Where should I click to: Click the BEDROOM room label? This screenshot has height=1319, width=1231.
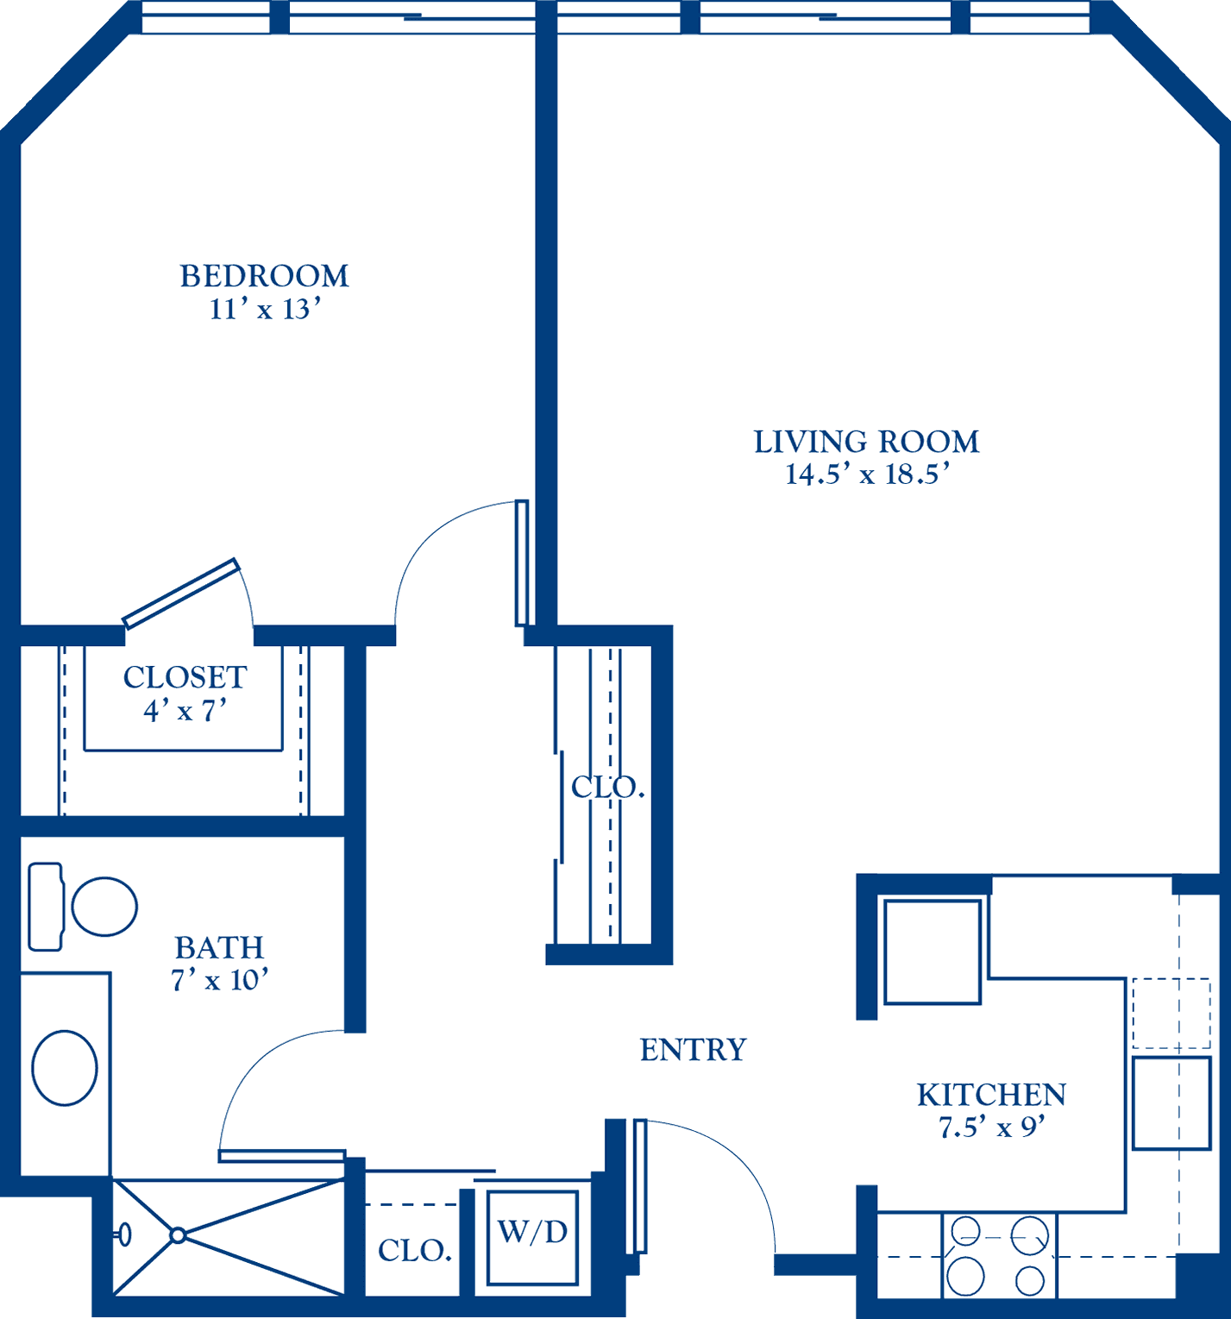tap(264, 276)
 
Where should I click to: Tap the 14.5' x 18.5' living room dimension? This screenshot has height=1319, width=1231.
tap(867, 474)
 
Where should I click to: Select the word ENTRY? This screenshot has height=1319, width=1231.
tap(693, 1050)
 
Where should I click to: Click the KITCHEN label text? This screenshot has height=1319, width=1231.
tap(991, 1095)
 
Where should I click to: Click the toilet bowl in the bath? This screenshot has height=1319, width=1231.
tap(104, 907)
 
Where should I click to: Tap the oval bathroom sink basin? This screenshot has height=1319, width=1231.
tap(65, 1068)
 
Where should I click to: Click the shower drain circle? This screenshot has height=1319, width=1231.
tap(178, 1235)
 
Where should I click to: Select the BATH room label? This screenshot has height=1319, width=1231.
tap(219, 948)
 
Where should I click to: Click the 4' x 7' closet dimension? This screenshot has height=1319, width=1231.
tap(185, 711)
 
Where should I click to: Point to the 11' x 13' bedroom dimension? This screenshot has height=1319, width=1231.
tap(265, 309)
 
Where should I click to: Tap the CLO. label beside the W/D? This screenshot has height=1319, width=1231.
tap(415, 1251)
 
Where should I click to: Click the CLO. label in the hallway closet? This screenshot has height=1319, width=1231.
tap(608, 787)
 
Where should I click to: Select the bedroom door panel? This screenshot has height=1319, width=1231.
tap(521, 562)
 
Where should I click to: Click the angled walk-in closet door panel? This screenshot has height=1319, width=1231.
tap(180, 594)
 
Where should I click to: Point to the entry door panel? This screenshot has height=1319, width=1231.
tap(640, 1186)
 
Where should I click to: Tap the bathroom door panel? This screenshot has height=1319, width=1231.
tap(282, 1156)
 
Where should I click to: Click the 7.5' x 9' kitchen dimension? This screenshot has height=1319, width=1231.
tap(992, 1127)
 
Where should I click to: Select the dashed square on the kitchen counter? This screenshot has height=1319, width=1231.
tap(1171, 1013)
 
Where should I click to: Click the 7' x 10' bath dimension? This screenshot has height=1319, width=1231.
tap(220, 981)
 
